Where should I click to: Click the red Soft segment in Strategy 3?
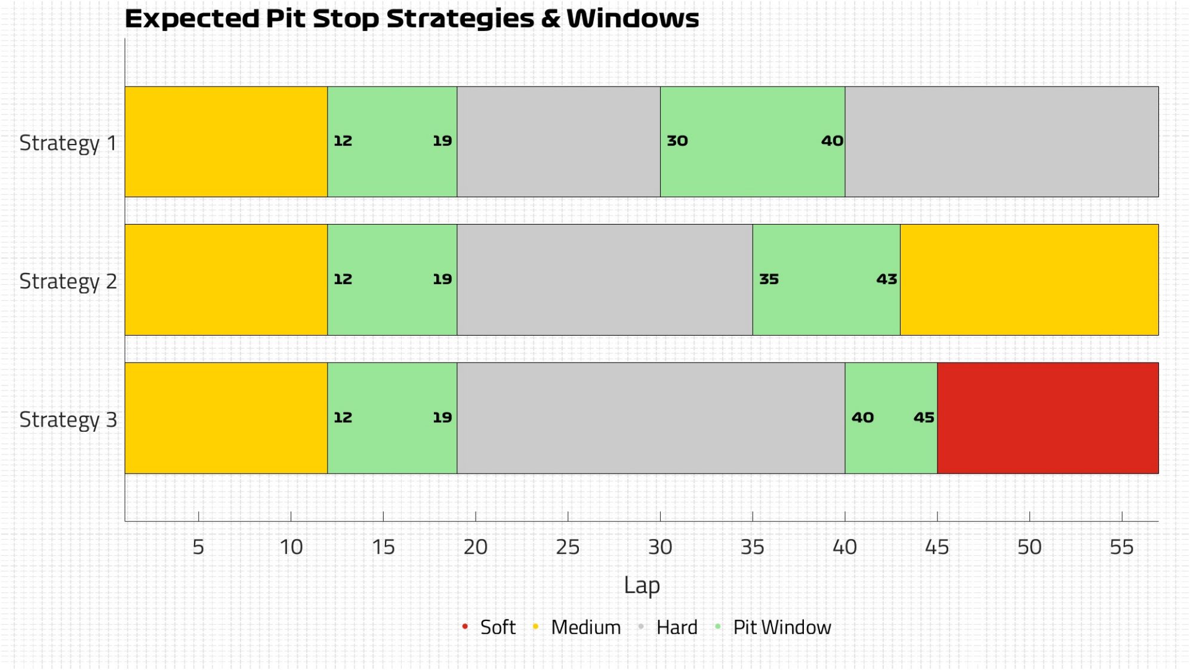[x=1047, y=418]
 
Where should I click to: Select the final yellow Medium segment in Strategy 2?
[x=1029, y=279]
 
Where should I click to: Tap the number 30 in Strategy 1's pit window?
[x=677, y=141]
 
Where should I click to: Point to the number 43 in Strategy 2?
[x=887, y=279]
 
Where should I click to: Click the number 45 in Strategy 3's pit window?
[x=924, y=417]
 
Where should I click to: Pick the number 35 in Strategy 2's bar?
[x=769, y=279]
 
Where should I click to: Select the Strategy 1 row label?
[x=68, y=144]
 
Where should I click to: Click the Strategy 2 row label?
[x=68, y=282]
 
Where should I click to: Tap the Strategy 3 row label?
[x=68, y=420]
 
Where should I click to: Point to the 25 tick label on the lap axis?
[x=568, y=547]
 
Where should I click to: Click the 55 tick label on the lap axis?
[x=1121, y=547]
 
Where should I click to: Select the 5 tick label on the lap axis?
[x=198, y=547]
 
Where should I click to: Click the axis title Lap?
[x=642, y=586]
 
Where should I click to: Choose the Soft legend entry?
[x=489, y=627]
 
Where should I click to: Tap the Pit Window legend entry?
[x=773, y=627]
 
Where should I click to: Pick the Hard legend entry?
[x=668, y=627]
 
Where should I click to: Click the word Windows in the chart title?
[x=633, y=19]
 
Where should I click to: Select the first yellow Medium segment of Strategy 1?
[x=226, y=142]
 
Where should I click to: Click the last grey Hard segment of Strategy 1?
[x=1001, y=142]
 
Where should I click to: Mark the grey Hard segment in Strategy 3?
[x=651, y=418]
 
